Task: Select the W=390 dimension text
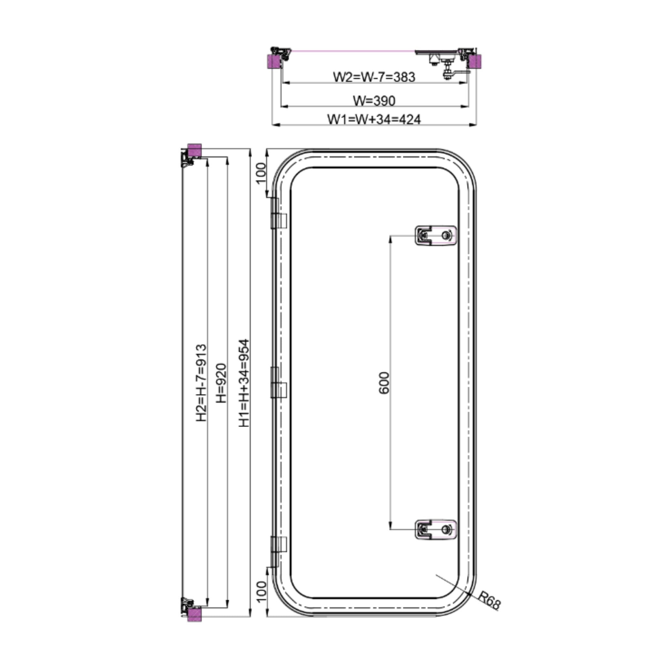click(374, 101)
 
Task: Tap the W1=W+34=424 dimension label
click(374, 119)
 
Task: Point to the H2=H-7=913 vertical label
click(201, 383)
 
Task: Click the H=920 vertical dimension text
click(221, 383)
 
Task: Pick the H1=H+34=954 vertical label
click(244, 383)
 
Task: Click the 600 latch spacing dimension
click(384, 383)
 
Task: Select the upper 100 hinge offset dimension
click(261, 173)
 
